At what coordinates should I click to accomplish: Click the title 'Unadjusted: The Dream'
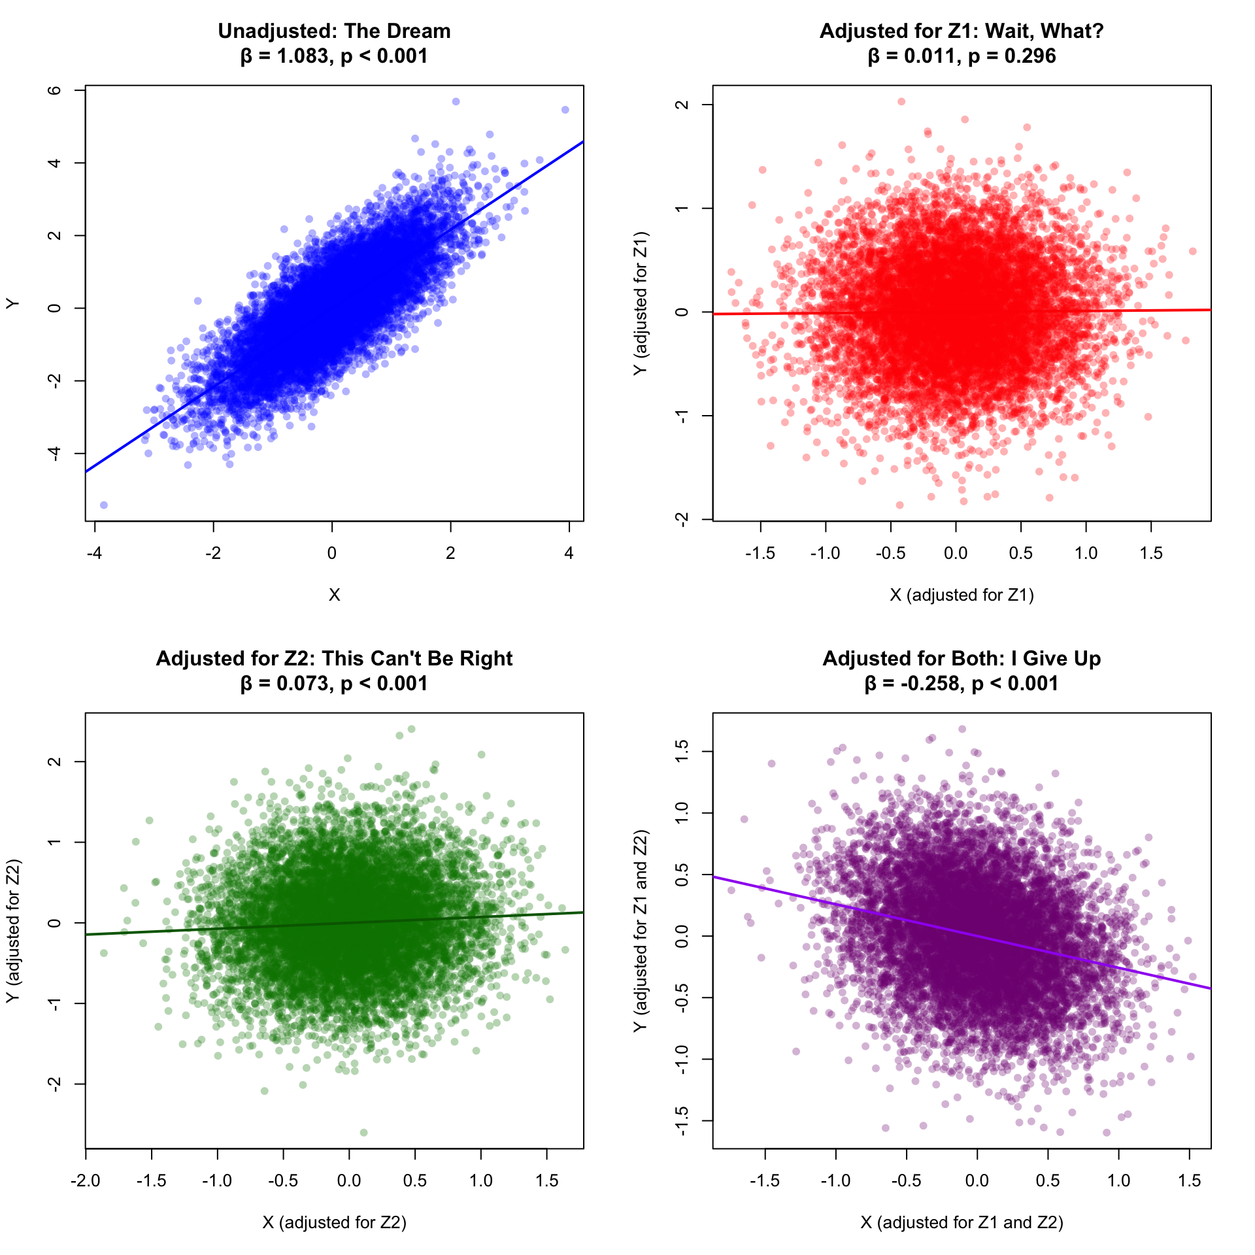pyautogui.click(x=334, y=31)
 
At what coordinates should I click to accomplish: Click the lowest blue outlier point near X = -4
pyautogui.click(x=103, y=505)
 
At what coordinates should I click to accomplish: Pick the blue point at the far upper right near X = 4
pyautogui.click(x=565, y=110)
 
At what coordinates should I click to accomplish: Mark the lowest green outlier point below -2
pyautogui.click(x=364, y=1133)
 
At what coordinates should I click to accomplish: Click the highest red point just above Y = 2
pyautogui.click(x=901, y=101)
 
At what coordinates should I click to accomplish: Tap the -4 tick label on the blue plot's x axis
pyautogui.click(x=94, y=554)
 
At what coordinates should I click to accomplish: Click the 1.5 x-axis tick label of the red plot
pyautogui.click(x=1151, y=554)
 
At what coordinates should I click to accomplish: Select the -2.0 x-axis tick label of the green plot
pyautogui.click(x=86, y=1181)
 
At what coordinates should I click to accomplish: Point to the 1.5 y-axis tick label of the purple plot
pyautogui.click(x=682, y=752)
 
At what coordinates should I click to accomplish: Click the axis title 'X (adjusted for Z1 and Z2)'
pyautogui.click(x=962, y=1222)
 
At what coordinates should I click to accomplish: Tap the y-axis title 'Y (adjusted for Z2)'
pyautogui.click(x=13, y=931)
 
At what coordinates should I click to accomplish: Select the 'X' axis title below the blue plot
pyautogui.click(x=334, y=595)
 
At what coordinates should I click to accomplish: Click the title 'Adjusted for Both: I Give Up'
pyautogui.click(x=962, y=658)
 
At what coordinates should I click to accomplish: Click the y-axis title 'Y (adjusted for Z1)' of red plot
pyautogui.click(x=641, y=303)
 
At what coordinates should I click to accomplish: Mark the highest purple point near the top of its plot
pyautogui.click(x=962, y=729)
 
